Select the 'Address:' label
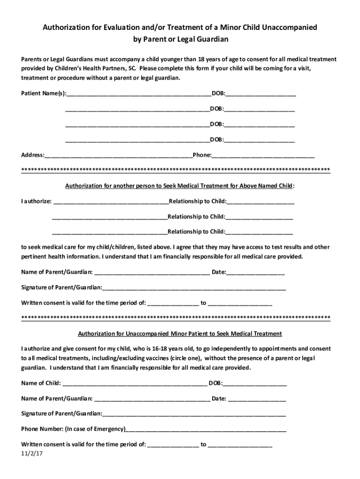pos(33,155)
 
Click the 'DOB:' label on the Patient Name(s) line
pos(218,94)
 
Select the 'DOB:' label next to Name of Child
pos(216,384)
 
